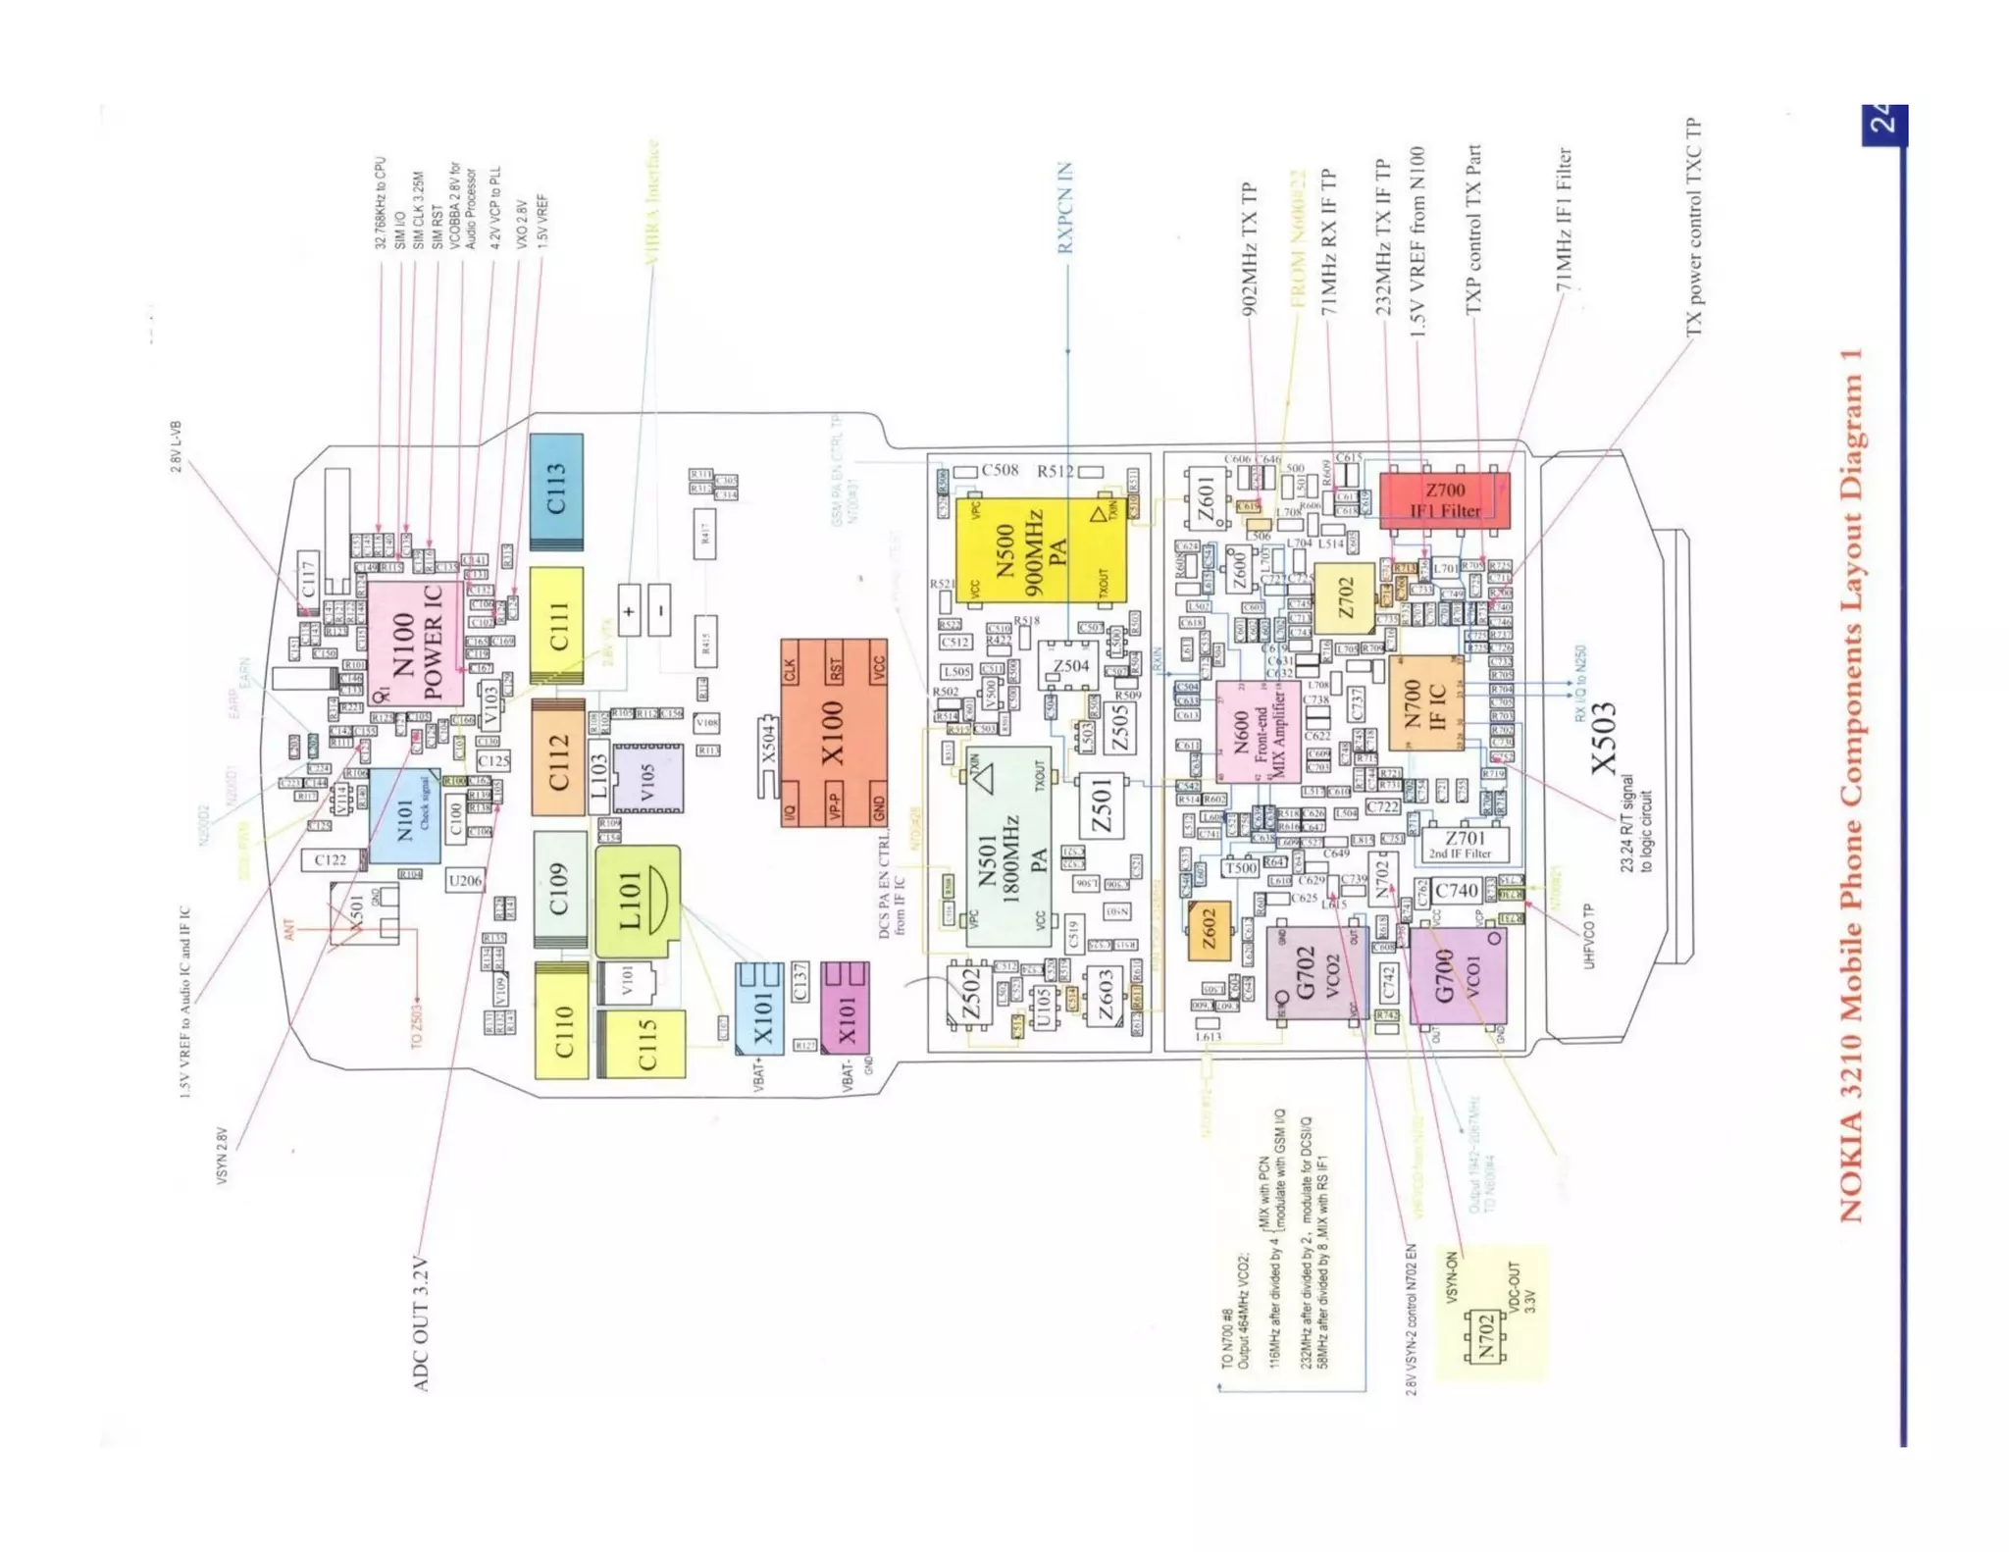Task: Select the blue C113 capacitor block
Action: (556, 491)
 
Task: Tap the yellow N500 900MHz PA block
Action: (1040, 549)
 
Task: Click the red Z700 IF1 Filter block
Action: (1444, 500)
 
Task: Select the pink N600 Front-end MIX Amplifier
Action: (1258, 731)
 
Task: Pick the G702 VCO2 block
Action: (1314, 971)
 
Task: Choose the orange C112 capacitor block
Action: (558, 757)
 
